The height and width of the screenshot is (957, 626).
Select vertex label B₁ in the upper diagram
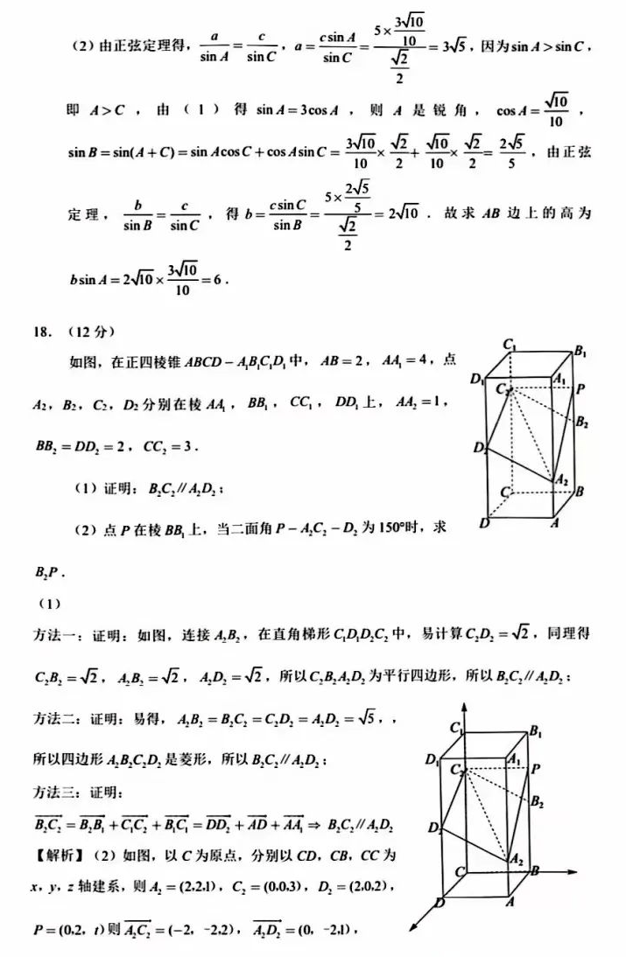point(580,352)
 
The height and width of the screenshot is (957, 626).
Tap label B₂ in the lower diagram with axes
point(538,800)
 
